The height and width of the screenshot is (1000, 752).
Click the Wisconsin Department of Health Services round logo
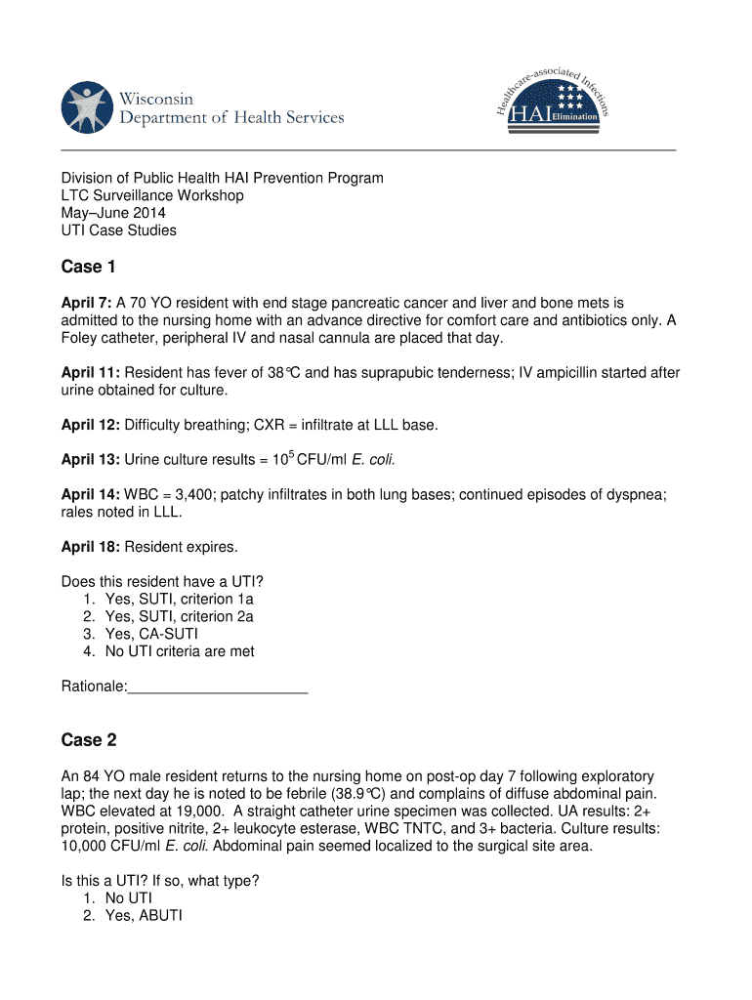click(x=87, y=107)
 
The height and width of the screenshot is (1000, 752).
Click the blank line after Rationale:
click(x=218, y=687)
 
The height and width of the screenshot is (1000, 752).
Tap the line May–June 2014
click(x=113, y=213)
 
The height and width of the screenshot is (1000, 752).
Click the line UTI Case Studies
click(x=118, y=230)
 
